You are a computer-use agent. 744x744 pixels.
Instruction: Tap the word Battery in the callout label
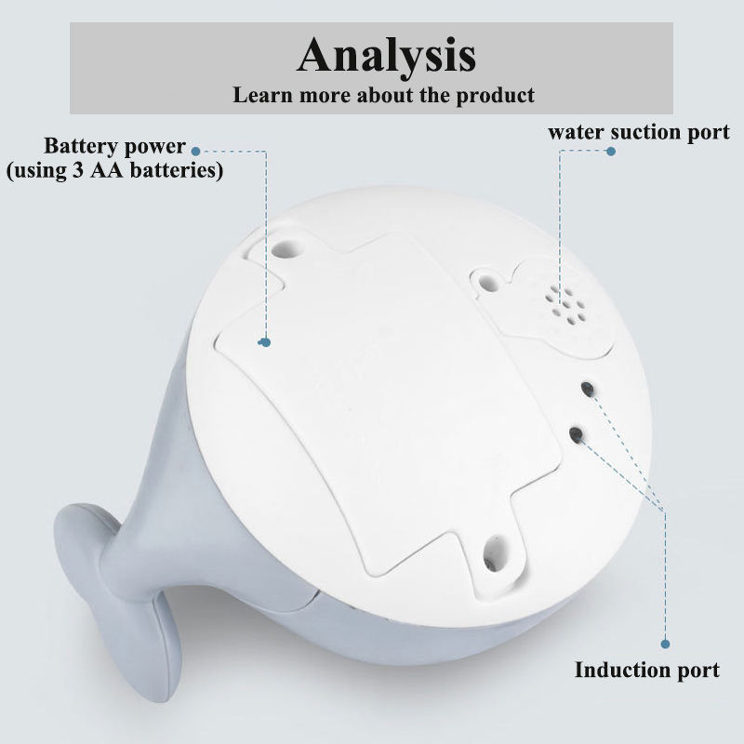click(x=83, y=147)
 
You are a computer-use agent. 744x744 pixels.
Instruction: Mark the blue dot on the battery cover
click(x=265, y=342)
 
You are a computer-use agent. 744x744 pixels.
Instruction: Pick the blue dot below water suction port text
click(x=610, y=151)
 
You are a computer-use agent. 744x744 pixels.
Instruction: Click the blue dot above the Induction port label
click(x=665, y=644)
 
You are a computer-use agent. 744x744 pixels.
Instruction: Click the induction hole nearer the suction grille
click(x=587, y=388)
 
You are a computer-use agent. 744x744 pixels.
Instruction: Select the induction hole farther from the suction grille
click(x=577, y=433)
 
